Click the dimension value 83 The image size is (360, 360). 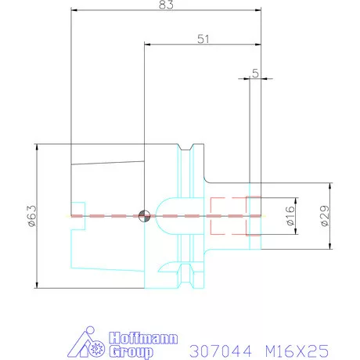[x=165, y=5]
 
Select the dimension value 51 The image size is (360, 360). [x=203, y=38]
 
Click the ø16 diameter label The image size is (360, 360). [x=289, y=216]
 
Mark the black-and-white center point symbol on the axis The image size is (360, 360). [x=143, y=215]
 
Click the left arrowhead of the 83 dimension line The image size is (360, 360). [x=74, y=11]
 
